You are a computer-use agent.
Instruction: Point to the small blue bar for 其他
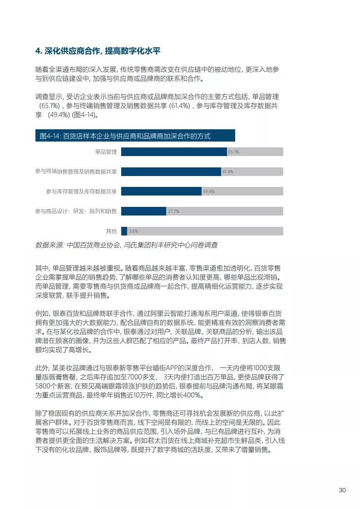pos(123,231)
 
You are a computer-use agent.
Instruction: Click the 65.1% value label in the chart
pos(234,152)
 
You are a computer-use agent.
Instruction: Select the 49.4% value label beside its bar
pos(209,191)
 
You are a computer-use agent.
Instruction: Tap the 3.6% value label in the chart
pos(133,231)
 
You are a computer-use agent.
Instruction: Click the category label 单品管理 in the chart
pos(106,152)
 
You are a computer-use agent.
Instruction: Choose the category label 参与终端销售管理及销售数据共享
pos(76,171)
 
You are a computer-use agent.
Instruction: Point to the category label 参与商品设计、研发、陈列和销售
pos(76,211)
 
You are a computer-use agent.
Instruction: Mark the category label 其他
pos(111,231)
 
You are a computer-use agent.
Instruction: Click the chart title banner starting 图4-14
pos(135,136)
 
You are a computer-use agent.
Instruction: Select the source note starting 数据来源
pos(126,245)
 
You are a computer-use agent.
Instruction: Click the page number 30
pos(342,490)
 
